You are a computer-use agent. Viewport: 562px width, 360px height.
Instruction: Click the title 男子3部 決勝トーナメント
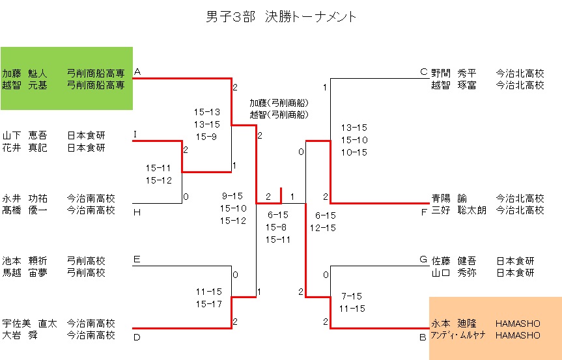(x=281, y=17)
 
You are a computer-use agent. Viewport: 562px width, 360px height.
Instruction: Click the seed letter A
(x=137, y=72)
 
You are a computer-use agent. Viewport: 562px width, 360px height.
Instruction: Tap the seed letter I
(x=135, y=134)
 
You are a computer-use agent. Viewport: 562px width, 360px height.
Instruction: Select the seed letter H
(x=137, y=211)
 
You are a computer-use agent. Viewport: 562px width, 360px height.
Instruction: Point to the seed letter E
(x=137, y=259)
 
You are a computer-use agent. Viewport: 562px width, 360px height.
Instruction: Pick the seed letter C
(x=424, y=72)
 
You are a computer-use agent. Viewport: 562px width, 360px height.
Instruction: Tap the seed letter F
(x=424, y=211)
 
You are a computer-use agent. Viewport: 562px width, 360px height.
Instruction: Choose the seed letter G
(x=423, y=259)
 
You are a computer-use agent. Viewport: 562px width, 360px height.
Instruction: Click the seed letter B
(x=423, y=337)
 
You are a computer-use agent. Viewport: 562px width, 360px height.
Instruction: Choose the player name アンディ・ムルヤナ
(x=458, y=335)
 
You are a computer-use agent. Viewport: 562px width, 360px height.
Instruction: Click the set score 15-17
(x=208, y=304)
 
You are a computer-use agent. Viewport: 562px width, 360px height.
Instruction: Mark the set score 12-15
(x=323, y=228)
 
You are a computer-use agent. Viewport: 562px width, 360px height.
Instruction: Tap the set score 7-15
(x=351, y=296)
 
